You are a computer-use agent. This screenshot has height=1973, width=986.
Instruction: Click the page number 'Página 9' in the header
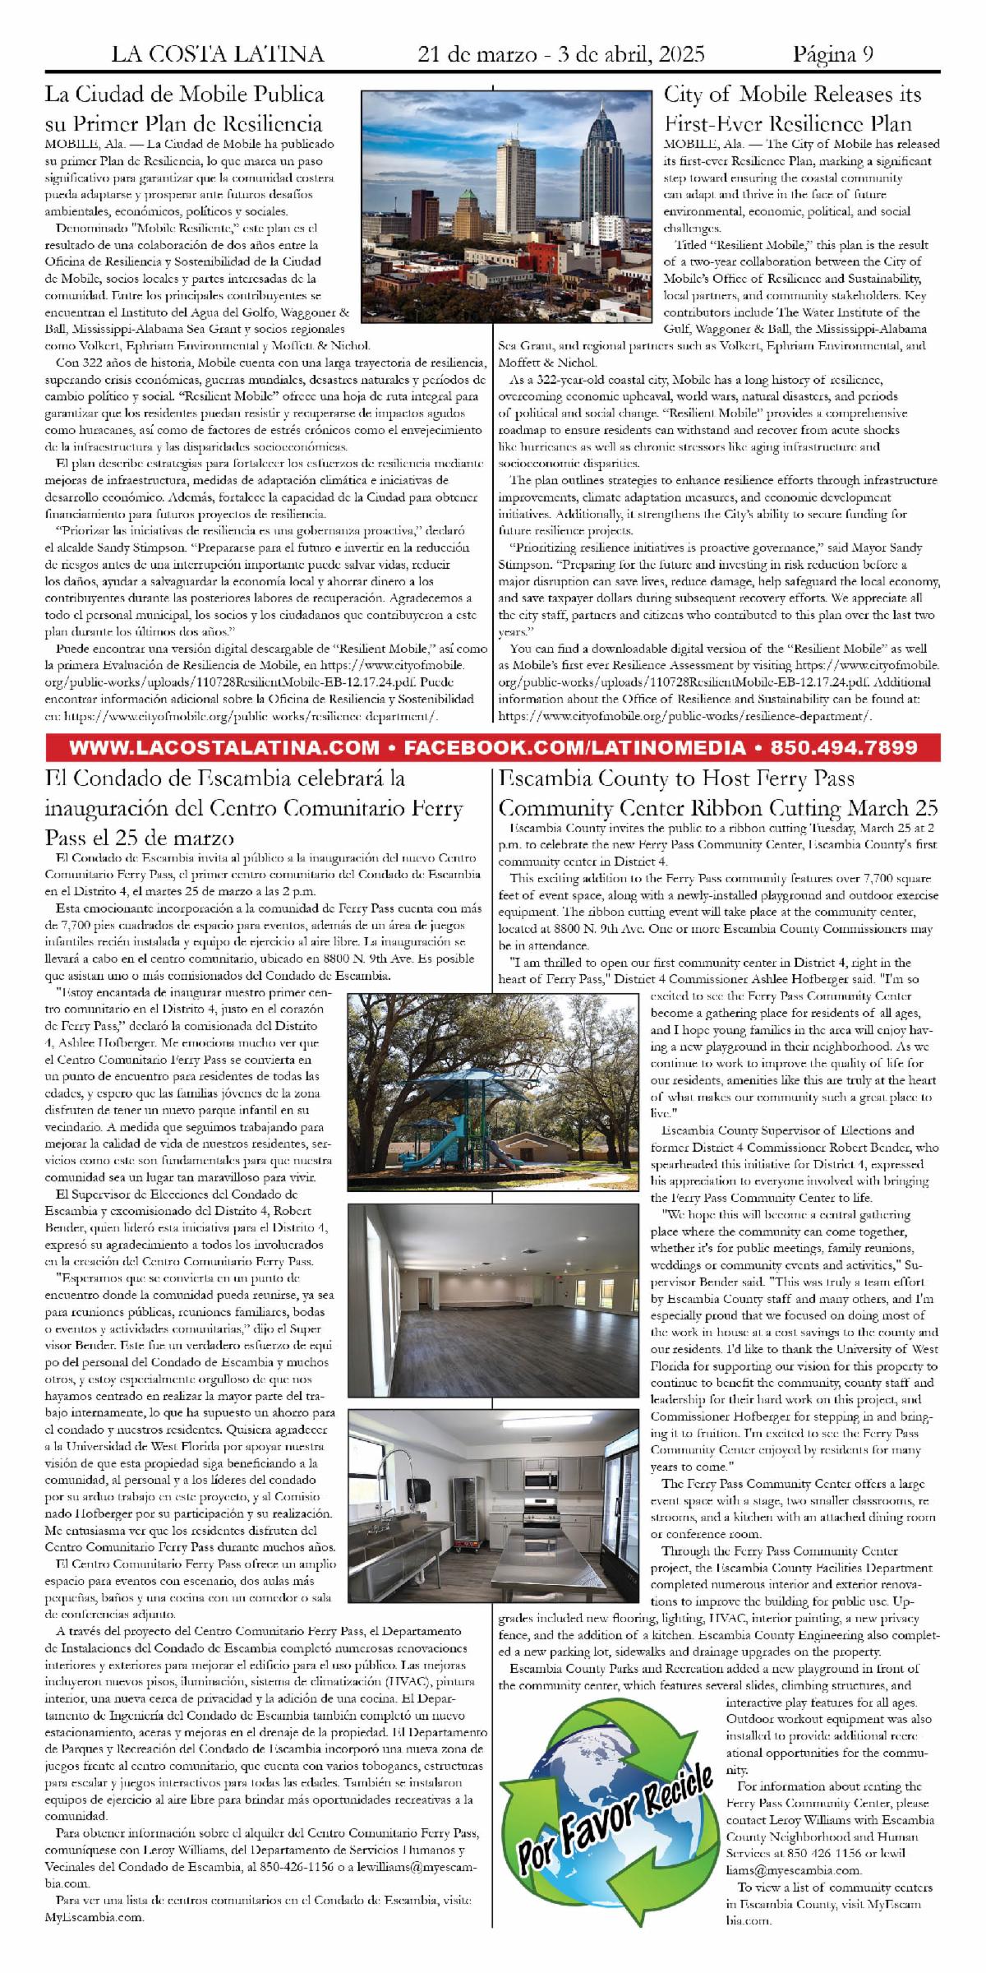832,55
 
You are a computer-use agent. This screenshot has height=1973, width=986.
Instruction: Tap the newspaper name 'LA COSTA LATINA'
218,55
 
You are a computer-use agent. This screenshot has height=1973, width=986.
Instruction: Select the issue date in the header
561,55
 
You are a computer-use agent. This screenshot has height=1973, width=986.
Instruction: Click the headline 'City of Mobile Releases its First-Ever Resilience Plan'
792,109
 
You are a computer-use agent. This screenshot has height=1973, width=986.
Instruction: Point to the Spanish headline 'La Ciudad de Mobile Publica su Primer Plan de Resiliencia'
184,109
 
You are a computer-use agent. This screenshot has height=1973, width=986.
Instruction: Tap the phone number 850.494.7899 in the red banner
840,748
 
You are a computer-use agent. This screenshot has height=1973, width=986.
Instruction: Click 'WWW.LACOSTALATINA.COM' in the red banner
225,748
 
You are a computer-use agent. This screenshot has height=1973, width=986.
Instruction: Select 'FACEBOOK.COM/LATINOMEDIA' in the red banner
574,748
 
